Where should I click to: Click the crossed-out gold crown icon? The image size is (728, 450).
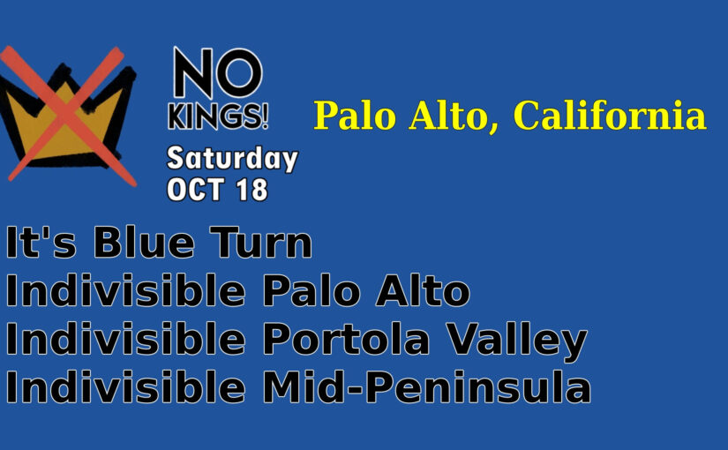[68, 116]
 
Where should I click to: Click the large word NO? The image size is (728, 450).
[218, 73]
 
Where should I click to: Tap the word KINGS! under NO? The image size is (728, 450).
[218, 116]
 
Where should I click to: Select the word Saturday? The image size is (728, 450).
[232, 160]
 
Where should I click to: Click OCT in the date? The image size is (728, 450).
[196, 190]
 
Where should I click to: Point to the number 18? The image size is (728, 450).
[252, 190]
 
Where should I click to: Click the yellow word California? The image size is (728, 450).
[610, 116]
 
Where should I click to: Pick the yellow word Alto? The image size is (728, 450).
[454, 116]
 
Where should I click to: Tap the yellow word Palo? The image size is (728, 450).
[356, 116]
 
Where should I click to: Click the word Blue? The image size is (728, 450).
[144, 242]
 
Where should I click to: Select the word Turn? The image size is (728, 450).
[261, 242]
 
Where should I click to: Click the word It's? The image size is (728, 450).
[41, 242]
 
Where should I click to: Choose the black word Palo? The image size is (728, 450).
[312, 290]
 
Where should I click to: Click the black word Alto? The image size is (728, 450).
[423, 290]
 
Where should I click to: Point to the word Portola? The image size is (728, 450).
[347, 339]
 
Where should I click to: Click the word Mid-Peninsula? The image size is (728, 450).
[427, 386]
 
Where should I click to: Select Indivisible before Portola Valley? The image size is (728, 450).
[126, 339]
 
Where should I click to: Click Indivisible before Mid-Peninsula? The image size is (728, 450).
[126, 386]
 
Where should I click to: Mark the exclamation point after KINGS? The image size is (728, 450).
[266, 116]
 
